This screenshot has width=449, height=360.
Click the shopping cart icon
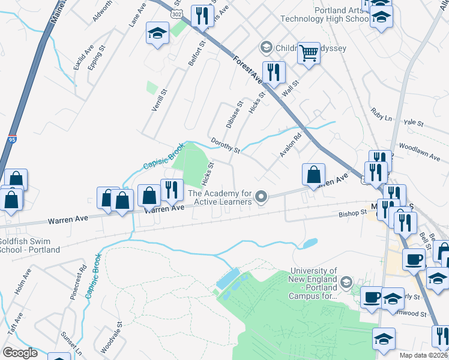tap(309, 53)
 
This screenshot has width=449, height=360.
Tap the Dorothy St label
tap(226, 145)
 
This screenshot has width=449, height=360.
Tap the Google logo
tap(20, 353)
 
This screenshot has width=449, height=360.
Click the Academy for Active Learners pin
tap(261, 197)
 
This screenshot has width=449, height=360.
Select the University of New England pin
tap(346, 282)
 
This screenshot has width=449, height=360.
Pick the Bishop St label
tap(352, 213)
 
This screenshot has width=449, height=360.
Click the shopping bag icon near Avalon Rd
tap(313, 175)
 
